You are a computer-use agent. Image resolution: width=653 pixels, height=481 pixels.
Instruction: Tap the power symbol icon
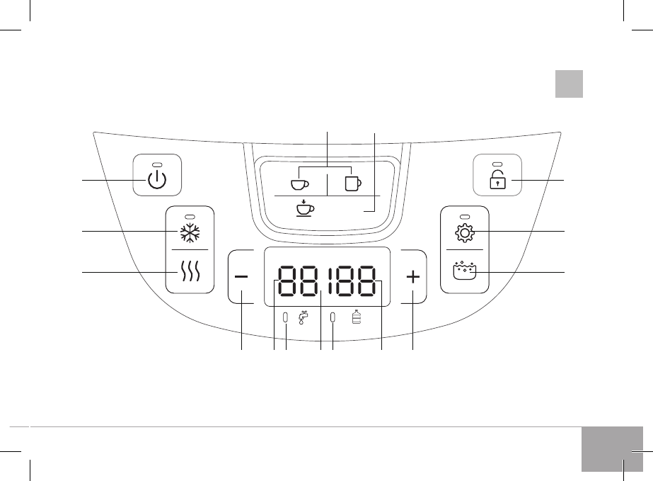coord(158,181)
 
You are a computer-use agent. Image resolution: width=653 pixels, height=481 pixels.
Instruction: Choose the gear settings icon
coord(464,232)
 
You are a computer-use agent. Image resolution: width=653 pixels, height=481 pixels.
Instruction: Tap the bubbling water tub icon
coord(464,271)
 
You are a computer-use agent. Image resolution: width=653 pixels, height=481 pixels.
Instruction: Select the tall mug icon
coord(352,183)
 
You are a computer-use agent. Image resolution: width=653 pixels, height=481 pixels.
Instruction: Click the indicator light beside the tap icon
coord(285,318)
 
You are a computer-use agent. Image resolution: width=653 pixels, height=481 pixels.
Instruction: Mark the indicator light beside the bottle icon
coord(332,318)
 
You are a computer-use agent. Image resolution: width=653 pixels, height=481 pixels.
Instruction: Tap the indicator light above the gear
coord(464,216)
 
